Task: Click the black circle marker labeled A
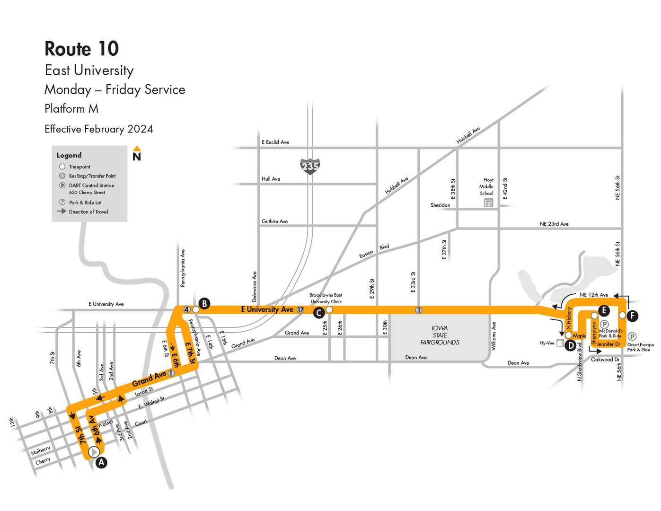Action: pyautogui.click(x=101, y=463)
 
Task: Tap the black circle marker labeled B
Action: pyautogui.click(x=204, y=304)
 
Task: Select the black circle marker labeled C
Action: pyautogui.click(x=319, y=313)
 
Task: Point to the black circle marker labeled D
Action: pyautogui.click(x=571, y=345)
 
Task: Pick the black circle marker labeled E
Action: pyautogui.click(x=604, y=310)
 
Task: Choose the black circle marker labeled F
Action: pyautogui.click(x=633, y=316)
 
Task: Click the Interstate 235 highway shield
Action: pyautogui.click(x=310, y=167)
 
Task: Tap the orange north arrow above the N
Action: pyautogui.click(x=137, y=149)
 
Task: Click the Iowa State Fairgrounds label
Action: pyautogui.click(x=440, y=335)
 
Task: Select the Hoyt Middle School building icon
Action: pyautogui.click(x=488, y=203)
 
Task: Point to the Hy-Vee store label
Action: pyautogui.click(x=546, y=343)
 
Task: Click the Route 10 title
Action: pyautogui.click(x=81, y=49)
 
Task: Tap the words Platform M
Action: pyautogui.click(x=71, y=109)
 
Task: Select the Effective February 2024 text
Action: pyautogui.click(x=98, y=129)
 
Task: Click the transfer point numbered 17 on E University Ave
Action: pyautogui.click(x=300, y=310)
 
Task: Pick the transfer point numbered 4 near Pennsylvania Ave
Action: pyautogui.click(x=187, y=309)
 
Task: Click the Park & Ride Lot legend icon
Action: pyautogui.click(x=62, y=202)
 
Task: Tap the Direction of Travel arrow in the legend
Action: pyautogui.click(x=62, y=211)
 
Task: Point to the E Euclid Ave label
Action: pyautogui.click(x=275, y=142)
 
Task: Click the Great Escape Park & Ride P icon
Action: pyautogui.click(x=632, y=336)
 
